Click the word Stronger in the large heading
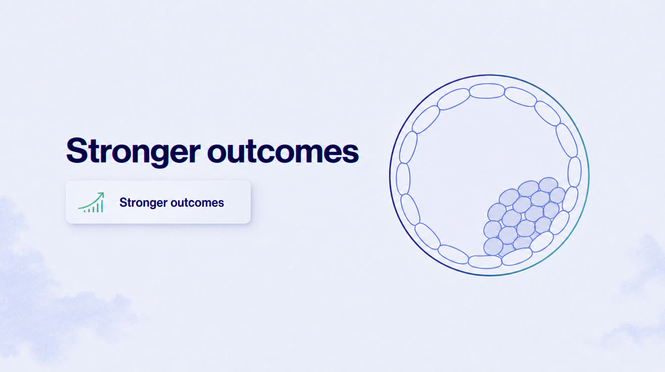(133, 151)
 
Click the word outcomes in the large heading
(283, 151)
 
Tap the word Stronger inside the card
(143, 203)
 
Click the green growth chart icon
(92, 202)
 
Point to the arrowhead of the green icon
(101, 195)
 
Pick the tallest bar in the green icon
(102, 205)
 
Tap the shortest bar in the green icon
(85, 211)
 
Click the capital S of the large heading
(77, 151)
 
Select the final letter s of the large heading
(350, 153)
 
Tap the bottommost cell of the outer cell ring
(485, 262)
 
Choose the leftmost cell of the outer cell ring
(403, 179)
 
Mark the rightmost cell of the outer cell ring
(574, 172)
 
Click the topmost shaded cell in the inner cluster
(548, 185)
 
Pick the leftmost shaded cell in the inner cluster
(493, 229)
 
